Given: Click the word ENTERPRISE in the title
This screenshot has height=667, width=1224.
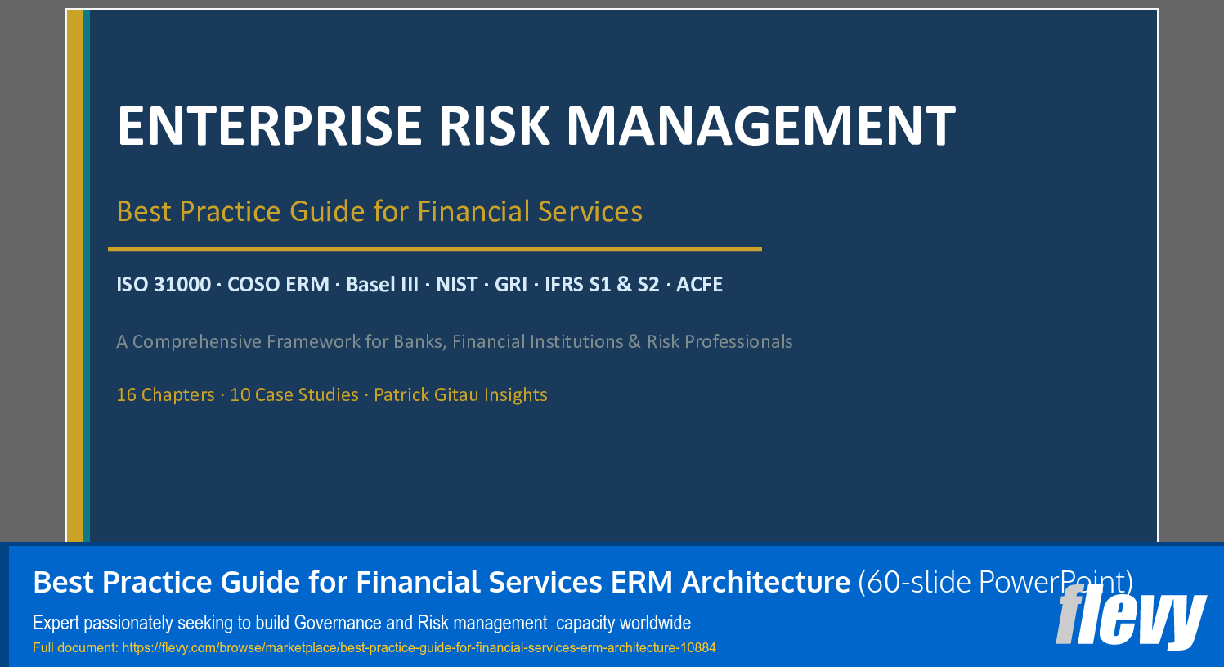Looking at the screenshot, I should [x=269, y=126].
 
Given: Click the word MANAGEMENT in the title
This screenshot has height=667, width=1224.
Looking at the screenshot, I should [x=760, y=126].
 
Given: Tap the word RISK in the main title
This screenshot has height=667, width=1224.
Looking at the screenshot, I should [x=494, y=126].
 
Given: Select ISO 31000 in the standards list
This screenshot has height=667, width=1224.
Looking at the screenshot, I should [x=164, y=285].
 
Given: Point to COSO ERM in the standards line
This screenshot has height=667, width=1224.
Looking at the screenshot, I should [x=278, y=285].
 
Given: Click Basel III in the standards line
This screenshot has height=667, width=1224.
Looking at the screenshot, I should [x=382, y=285].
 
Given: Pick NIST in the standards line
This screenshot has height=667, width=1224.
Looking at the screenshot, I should [x=456, y=285].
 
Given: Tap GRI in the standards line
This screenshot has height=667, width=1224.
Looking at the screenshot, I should [x=511, y=285].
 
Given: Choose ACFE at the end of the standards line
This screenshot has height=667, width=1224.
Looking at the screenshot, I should [x=699, y=285].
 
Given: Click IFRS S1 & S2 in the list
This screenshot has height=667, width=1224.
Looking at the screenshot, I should [x=602, y=285].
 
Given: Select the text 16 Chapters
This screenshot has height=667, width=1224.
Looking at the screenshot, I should [x=165, y=395].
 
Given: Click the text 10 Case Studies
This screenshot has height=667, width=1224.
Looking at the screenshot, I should [x=294, y=395].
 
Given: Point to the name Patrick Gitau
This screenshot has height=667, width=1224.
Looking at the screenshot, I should [x=426, y=395].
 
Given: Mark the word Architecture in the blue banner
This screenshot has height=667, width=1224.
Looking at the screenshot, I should [x=766, y=583].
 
